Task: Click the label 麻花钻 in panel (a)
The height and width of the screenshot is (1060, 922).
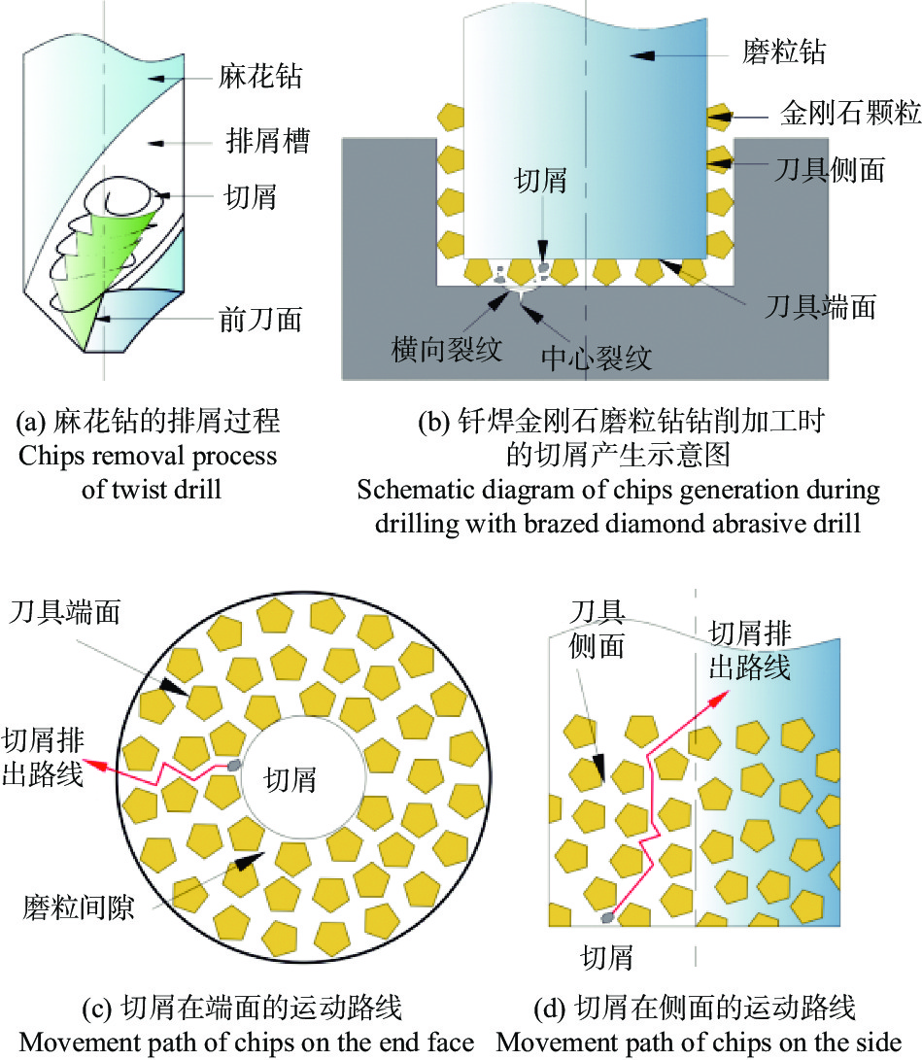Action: (260, 76)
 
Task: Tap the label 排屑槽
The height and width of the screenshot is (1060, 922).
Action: (268, 141)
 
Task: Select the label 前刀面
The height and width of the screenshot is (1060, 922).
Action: (261, 319)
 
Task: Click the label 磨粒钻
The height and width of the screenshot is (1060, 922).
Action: (784, 51)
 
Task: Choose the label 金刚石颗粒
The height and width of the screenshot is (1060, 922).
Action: (850, 113)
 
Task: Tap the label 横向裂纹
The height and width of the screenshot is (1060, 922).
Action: (447, 350)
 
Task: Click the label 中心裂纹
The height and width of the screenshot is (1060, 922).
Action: (597, 358)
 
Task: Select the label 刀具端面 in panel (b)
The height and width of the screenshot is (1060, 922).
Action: (821, 306)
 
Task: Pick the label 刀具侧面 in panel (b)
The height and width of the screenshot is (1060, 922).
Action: (830, 169)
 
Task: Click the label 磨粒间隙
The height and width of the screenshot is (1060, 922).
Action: (79, 907)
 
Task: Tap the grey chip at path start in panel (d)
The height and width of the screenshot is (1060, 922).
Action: (607, 917)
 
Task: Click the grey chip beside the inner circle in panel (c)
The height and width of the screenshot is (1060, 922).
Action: (234, 766)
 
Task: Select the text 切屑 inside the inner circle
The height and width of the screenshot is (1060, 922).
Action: (290, 779)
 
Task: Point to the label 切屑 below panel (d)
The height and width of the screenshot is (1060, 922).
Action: (607, 958)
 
